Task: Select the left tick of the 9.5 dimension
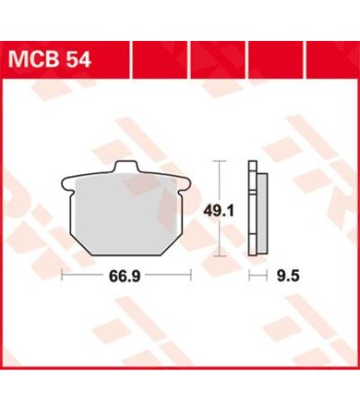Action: pyautogui.click(x=248, y=277)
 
